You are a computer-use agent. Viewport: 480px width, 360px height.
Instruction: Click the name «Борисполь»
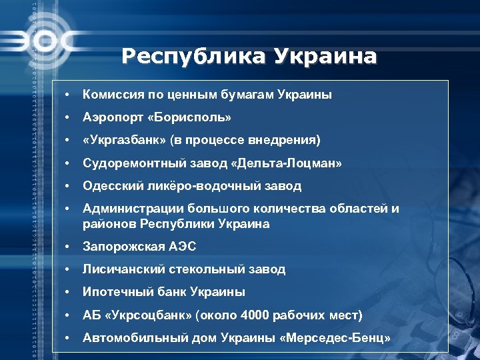tap(191, 117)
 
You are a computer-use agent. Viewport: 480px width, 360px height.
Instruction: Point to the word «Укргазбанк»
tap(124, 140)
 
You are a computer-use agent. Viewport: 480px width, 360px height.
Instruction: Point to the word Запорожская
tap(119, 247)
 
